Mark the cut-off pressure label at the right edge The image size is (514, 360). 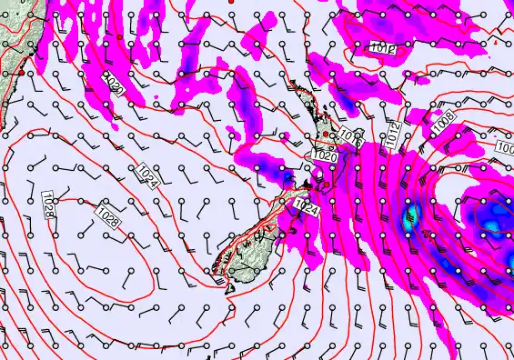point(505,146)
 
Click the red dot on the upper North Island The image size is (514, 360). point(326,135)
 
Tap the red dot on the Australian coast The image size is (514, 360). point(19,71)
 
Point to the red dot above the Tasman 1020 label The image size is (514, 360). point(119,36)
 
